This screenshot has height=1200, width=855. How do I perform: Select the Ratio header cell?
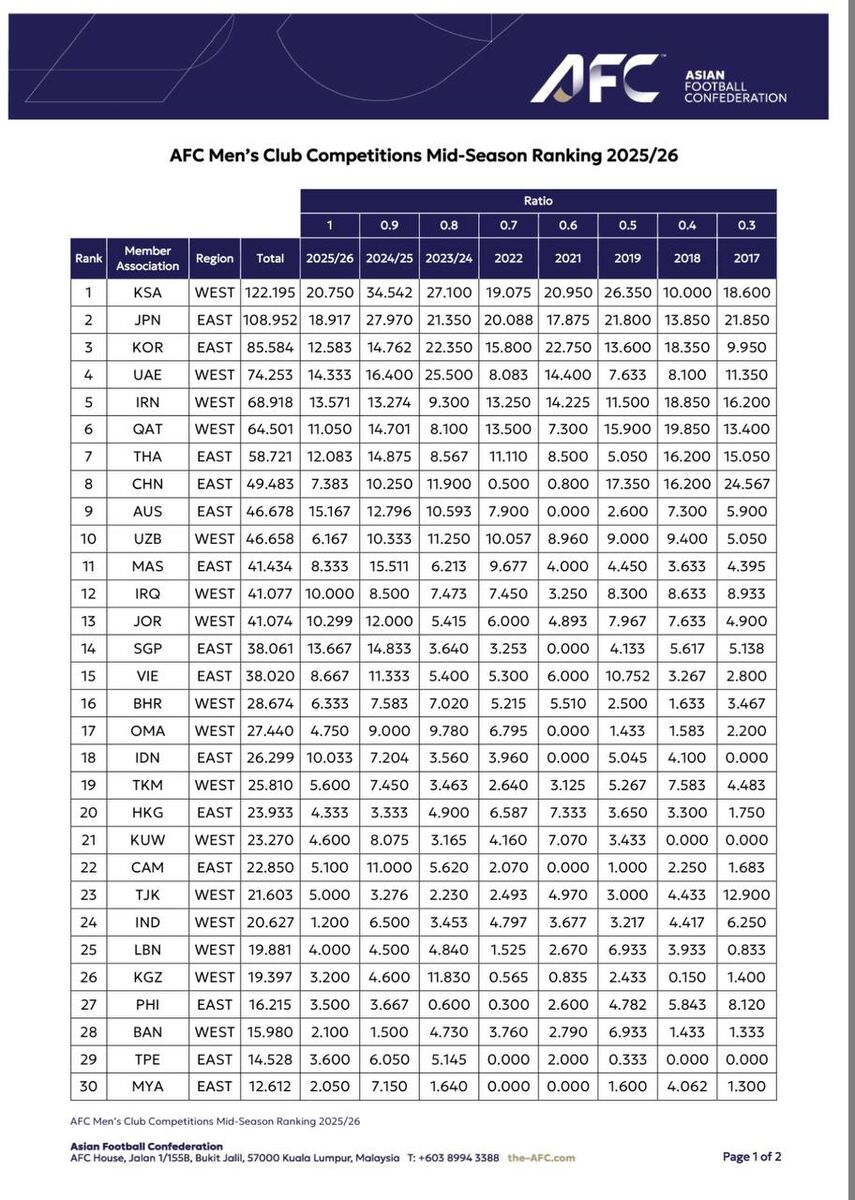[538, 201]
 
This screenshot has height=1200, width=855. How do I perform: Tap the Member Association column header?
[148, 258]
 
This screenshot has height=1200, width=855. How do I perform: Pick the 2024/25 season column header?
[389, 258]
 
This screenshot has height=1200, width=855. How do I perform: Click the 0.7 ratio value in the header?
[508, 226]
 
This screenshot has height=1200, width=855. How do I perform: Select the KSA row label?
[148, 293]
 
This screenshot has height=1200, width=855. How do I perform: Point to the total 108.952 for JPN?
[270, 320]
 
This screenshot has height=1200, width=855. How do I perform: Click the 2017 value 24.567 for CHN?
[746, 484]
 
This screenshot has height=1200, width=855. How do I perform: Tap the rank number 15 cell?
[88, 675]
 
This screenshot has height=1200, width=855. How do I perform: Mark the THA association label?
[148, 457]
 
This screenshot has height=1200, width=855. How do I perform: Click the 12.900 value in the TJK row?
[746, 894]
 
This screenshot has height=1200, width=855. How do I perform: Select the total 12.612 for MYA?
[270, 1085]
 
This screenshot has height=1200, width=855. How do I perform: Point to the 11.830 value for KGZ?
[449, 976]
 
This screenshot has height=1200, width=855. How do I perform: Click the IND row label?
[148, 921]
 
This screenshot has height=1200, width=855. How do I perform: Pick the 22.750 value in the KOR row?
[568, 347]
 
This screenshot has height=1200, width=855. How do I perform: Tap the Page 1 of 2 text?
[752, 1157]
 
